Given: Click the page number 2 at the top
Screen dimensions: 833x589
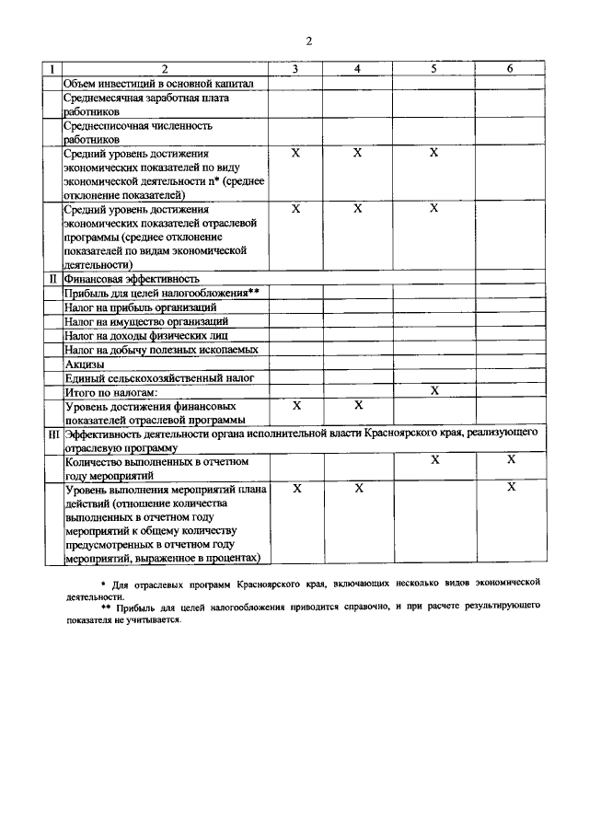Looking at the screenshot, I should pos(309,40).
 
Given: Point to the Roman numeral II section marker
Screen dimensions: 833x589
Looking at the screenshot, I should pos(53,278).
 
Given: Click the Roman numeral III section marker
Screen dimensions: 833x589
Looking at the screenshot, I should pos(53,432).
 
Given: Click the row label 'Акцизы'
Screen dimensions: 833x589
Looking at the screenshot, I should pos(85,364).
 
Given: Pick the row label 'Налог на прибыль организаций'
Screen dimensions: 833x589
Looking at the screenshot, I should pos(140,307).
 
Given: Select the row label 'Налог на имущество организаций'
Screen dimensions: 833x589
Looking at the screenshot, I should pos(145,321).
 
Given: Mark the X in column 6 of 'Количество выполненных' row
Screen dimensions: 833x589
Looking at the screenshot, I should pos(511,458).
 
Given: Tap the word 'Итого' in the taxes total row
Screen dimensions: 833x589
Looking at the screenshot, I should pos(81,392).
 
